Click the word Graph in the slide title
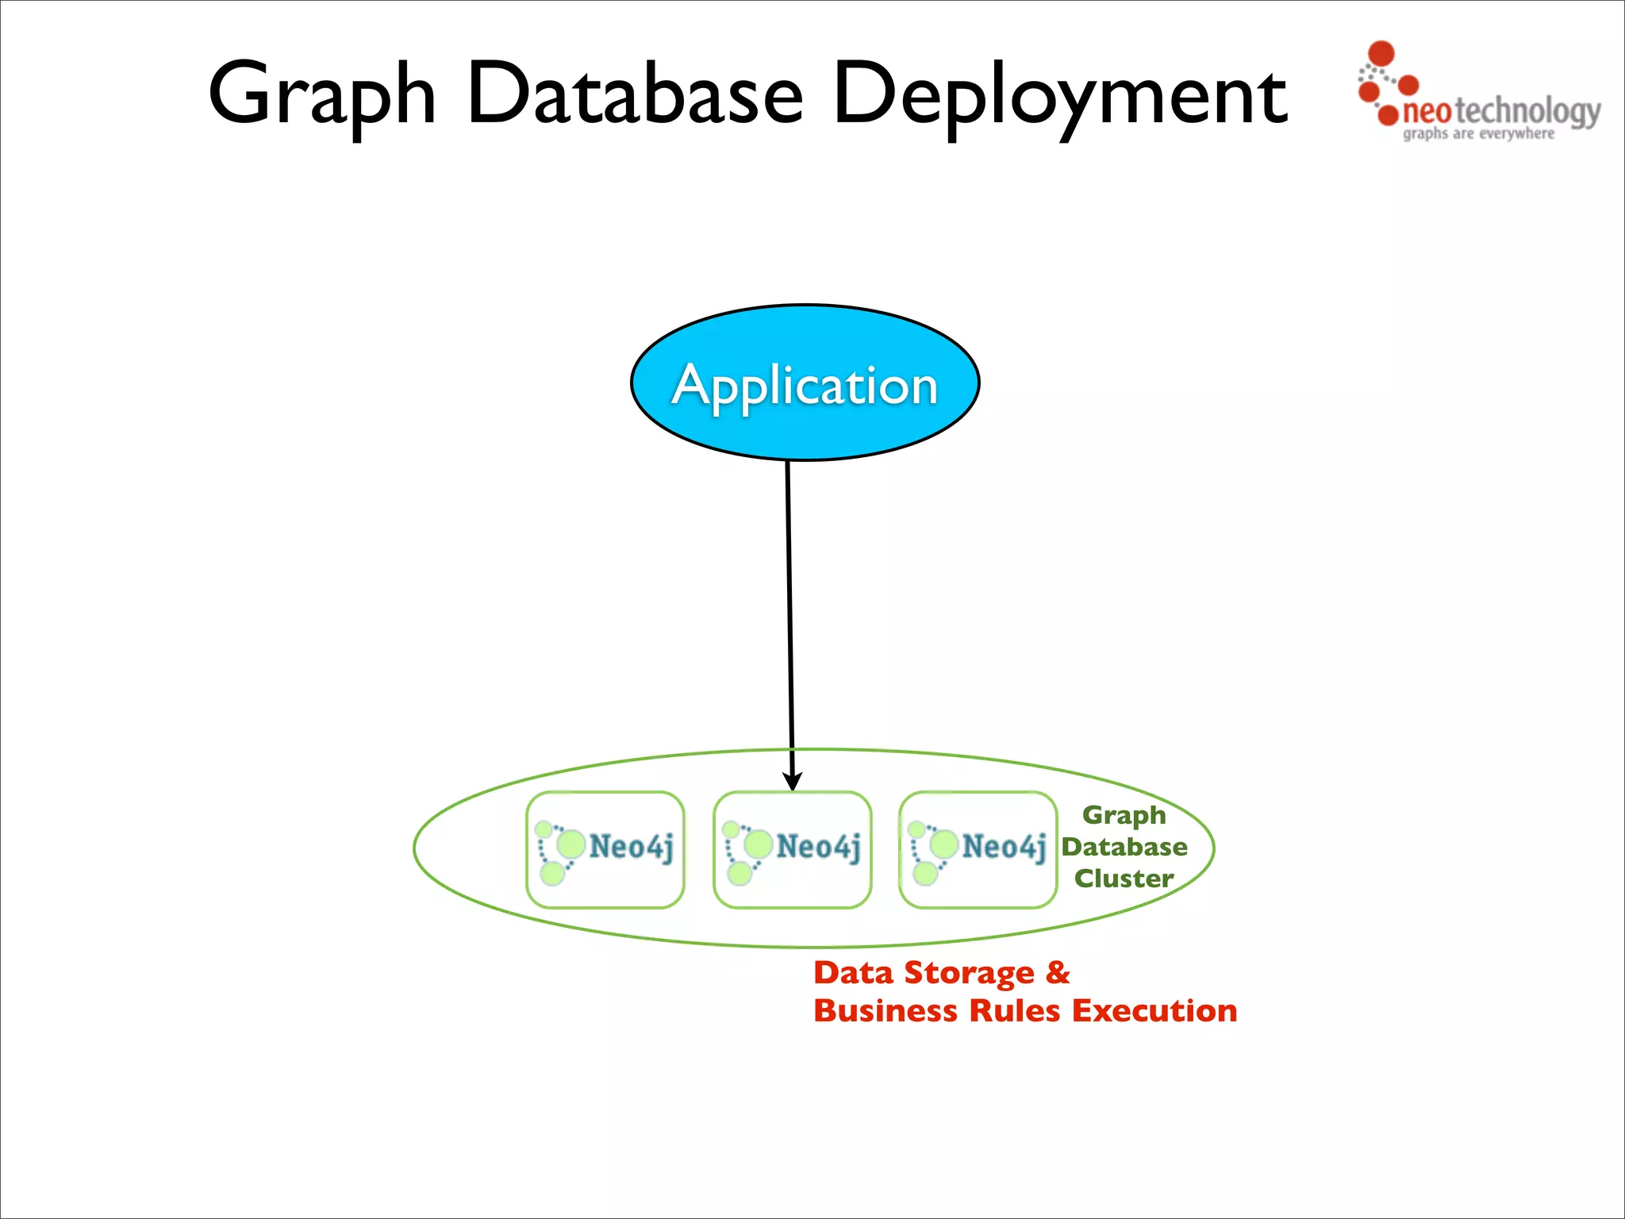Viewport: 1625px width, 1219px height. point(321,95)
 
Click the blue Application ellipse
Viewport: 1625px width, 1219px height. point(805,383)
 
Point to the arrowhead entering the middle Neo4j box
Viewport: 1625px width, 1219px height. point(792,781)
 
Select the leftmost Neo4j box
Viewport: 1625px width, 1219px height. point(605,849)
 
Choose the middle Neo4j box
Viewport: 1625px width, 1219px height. point(792,849)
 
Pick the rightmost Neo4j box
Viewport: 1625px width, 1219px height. point(978,849)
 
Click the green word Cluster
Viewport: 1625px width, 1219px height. point(1124,879)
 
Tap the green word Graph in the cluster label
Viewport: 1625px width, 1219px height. point(1124,815)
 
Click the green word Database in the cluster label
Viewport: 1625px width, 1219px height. point(1124,847)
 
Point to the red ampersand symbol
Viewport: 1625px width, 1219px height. point(1058,972)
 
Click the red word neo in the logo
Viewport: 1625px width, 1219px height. point(1427,112)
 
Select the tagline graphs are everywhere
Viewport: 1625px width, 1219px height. point(1478,134)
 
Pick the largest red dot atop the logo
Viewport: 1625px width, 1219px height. point(1382,53)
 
